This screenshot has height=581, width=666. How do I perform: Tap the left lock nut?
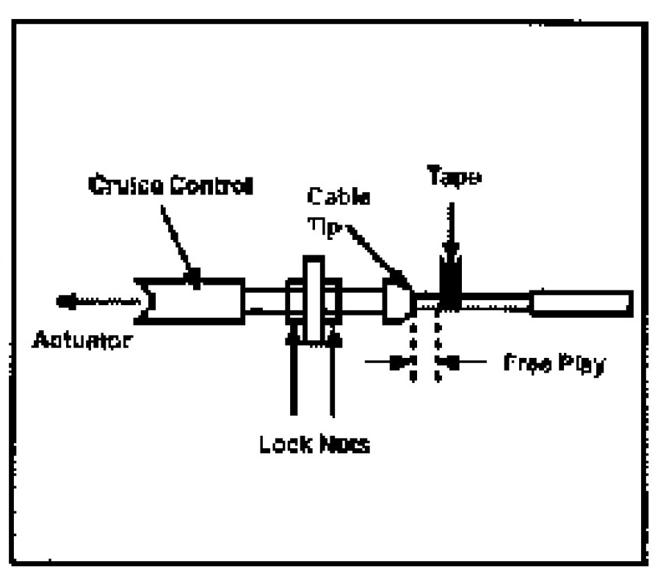pos(293,301)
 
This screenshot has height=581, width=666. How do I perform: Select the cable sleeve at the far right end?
pos(580,302)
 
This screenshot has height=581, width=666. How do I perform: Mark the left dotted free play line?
pos(413,348)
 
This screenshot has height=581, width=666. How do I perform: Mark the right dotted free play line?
pos(438,348)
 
